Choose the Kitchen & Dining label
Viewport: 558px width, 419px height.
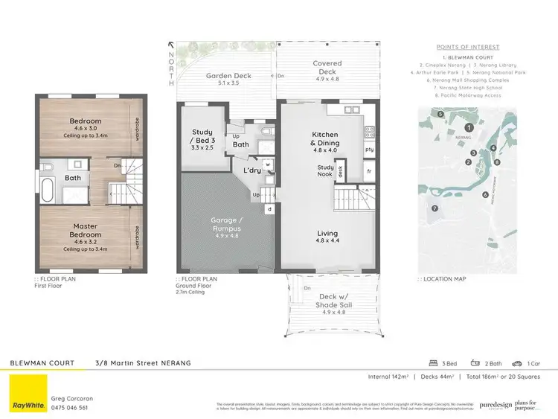[324, 138]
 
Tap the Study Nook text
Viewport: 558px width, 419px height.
[326, 171]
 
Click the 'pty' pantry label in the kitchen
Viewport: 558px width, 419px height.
[368, 150]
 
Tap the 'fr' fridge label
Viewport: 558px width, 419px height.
[368, 170]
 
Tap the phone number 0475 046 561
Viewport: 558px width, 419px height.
[69, 407]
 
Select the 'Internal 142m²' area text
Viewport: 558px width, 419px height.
[388, 377]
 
